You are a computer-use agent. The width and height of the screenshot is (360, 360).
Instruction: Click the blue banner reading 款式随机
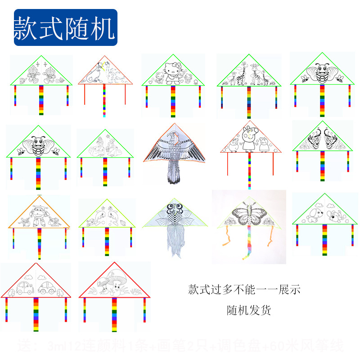(66, 28)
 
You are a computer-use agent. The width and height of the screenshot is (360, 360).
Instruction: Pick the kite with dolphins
(106, 215)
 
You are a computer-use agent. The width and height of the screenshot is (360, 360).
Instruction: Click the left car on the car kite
(24, 288)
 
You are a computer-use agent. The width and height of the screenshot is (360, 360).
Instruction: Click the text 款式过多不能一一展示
(244, 290)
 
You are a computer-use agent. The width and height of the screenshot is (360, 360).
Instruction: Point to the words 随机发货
(249, 310)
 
